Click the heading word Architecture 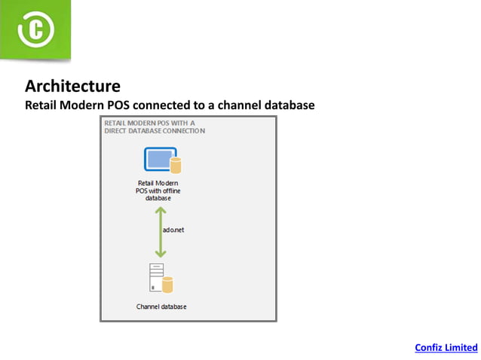click(x=72, y=86)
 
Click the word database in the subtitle click(x=290, y=105)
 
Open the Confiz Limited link click(x=446, y=347)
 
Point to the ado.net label click(x=173, y=230)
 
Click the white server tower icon click(x=156, y=278)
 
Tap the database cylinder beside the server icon click(x=168, y=285)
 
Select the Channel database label click(x=161, y=307)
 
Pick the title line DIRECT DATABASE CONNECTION click(x=155, y=130)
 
